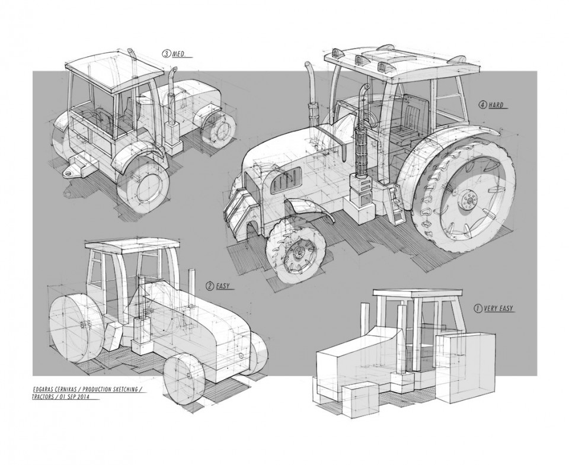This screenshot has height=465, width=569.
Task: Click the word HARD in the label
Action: (497, 105)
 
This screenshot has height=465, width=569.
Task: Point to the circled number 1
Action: (477, 309)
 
